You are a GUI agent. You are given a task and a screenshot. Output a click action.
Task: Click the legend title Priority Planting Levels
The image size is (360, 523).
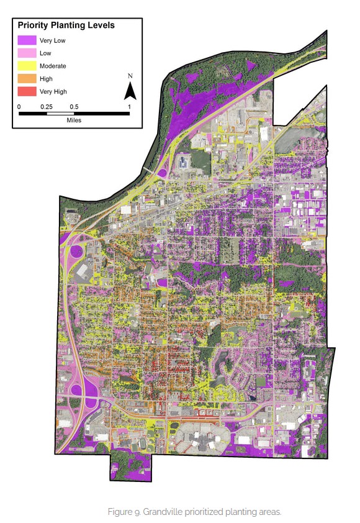pos(66,25)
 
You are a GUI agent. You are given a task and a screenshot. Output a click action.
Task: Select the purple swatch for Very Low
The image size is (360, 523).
pos(27,40)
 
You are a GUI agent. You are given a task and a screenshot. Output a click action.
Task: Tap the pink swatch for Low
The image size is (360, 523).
pos(27,53)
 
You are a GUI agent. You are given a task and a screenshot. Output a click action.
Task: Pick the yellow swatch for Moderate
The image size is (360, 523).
pos(27,66)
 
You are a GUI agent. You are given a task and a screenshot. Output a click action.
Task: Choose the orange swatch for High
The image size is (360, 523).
pos(27,79)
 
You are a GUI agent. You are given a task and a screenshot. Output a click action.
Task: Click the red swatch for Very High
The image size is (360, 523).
pos(27,91)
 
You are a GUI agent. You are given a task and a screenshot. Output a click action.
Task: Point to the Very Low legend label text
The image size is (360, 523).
pos(52,40)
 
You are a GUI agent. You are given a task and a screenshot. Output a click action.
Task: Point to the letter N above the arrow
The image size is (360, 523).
pos(130,76)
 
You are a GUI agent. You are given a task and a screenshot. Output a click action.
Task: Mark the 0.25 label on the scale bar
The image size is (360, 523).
pos(46,106)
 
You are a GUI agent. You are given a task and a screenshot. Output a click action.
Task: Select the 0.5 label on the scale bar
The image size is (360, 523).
pos(74,106)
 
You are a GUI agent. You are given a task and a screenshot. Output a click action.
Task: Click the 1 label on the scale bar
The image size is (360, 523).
pos(129,106)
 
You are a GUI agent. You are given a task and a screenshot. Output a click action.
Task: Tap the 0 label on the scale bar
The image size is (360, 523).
pos(19,106)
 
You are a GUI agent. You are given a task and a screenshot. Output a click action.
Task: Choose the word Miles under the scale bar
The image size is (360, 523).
pos(74,121)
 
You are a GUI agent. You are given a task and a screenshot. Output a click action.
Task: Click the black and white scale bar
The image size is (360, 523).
pos(74,114)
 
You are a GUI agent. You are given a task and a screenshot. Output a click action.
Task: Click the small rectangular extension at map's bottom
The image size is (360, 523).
pos(130,466)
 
